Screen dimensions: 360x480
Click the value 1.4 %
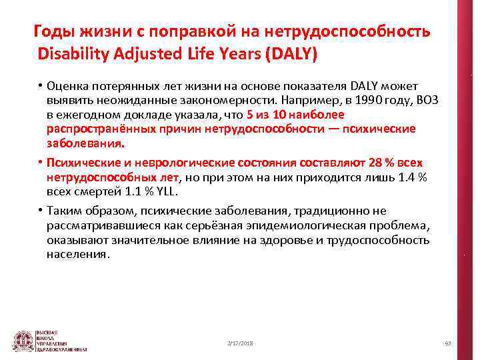click(412, 178)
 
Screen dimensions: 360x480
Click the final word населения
click(77, 255)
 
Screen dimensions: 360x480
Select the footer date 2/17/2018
click(240, 343)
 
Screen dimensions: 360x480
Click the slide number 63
click(447, 343)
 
